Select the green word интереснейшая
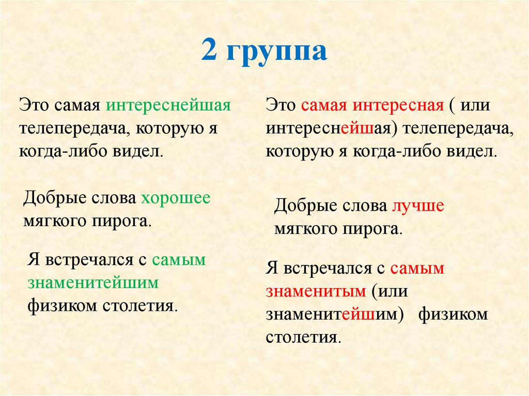(168, 106)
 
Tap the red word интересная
(398, 106)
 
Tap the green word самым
(179, 260)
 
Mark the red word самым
(417, 268)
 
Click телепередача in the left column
(73, 129)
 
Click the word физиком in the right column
(453, 314)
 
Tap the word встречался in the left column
(90, 260)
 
